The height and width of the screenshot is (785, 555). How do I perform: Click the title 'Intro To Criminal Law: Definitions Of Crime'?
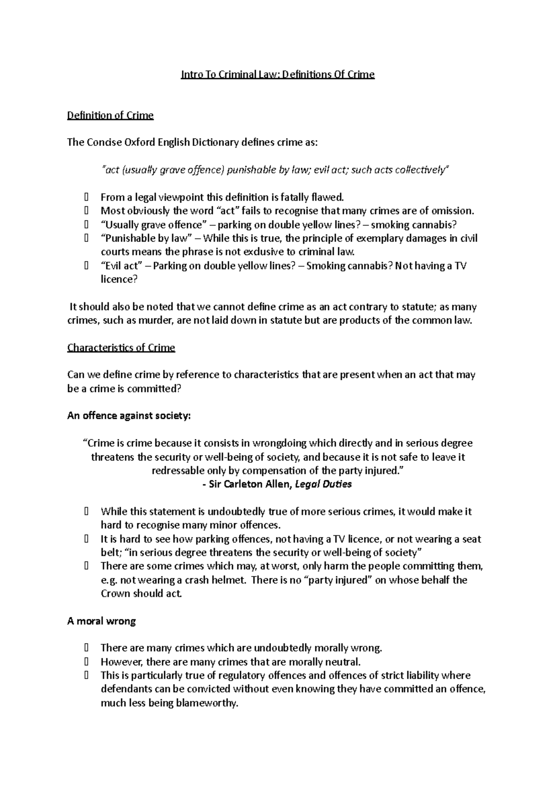(x=277, y=74)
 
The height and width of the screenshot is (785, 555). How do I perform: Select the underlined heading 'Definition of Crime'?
(x=110, y=115)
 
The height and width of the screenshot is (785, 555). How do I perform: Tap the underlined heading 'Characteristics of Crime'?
(x=121, y=348)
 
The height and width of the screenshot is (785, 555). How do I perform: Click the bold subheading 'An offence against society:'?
(x=129, y=416)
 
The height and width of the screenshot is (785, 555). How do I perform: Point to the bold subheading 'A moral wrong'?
(x=101, y=621)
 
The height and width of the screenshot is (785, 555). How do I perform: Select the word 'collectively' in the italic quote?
(x=423, y=170)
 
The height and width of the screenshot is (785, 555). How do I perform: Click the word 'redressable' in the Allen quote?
(x=176, y=471)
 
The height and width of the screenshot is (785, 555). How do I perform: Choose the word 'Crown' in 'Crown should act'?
(x=115, y=594)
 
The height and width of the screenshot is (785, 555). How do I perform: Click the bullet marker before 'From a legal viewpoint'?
(x=86, y=197)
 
